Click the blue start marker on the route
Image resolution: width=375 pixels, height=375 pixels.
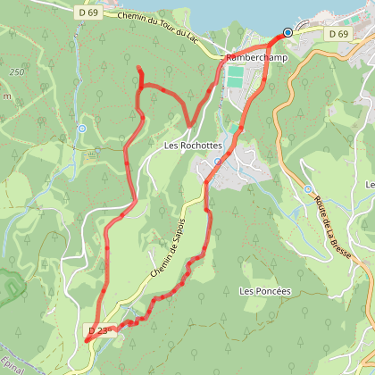[287, 33]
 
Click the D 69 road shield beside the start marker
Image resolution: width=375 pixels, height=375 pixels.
[337, 33]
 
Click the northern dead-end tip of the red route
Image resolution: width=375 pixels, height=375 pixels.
[139, 68]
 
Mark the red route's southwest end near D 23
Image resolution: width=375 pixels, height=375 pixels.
[88, 339]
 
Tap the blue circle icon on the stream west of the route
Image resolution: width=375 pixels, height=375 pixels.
[81, 129]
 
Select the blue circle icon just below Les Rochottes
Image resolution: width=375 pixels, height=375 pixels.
[217, 162]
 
